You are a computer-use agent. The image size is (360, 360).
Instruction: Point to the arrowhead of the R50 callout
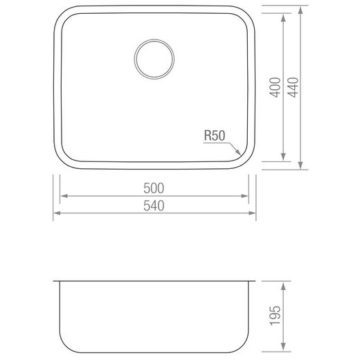[239, 153]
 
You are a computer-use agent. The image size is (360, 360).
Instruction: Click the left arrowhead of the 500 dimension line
[62, 196]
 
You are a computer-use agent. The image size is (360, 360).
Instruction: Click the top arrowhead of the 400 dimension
[284, 17]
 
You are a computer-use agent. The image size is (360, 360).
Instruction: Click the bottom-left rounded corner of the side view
[64, 343]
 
